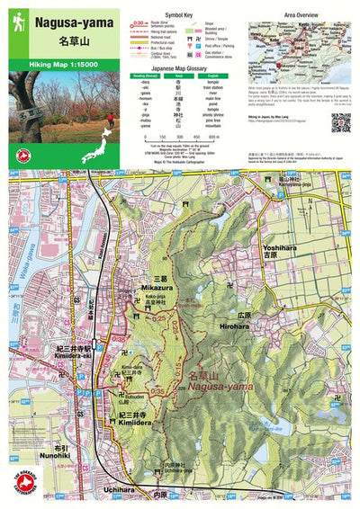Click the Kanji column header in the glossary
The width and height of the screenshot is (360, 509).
179,76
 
